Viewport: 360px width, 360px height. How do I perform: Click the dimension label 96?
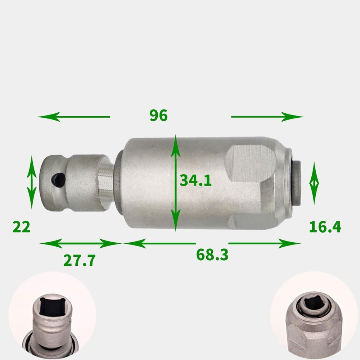[x=159, y=116]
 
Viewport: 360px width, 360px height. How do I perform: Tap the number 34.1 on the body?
[x=195, y=180]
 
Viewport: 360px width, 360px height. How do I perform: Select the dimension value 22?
[x=21, y=228]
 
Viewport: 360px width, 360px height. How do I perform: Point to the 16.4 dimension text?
[x=325, y=227]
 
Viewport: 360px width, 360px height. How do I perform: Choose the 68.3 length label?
[x=212, y=255]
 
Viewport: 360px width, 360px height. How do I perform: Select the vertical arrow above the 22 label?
[x=32, y=182]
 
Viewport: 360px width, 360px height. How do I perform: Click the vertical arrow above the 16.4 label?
[x=314, y=183]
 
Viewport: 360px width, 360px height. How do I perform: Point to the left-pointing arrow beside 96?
[x=74, y=117]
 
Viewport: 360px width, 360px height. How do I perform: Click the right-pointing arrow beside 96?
[x=267, y=117]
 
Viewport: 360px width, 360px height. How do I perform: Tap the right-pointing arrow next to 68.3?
[x=264, y=244]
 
